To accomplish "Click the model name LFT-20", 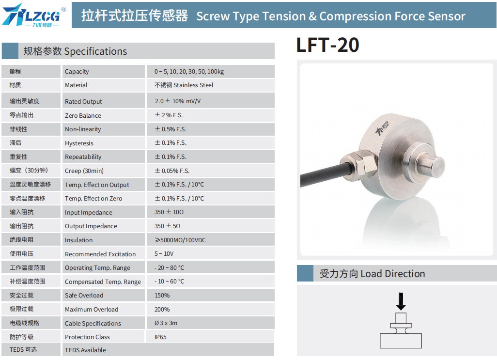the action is tap(327, 45).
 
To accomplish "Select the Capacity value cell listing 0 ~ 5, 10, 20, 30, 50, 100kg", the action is tap(189, 72).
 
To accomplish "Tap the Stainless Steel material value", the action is tap(184, 85).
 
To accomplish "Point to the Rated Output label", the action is tap(83, 101).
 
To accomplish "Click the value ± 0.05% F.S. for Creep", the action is tap(172, 171).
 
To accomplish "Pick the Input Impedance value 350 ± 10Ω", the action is tap(169, 212).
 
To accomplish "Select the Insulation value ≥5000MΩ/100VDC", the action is tap(180, 240).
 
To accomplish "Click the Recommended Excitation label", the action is tap(100, 254).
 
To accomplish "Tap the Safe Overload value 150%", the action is tap(162, 296).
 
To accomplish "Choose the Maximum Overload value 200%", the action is tap(162, 309).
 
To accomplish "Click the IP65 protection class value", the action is tap(160, 337).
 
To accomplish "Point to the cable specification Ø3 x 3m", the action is tap(166, 323).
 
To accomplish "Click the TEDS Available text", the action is tap(85, 350).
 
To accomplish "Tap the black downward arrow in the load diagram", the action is tap(401, 301).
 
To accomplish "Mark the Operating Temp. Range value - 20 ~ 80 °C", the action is tap(169, 267).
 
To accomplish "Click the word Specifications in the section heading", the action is tap(95, 51).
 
